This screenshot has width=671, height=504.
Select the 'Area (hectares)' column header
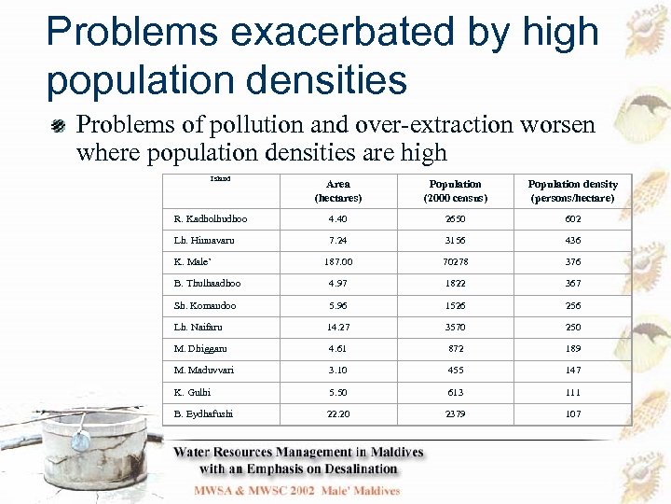tap(338, 190)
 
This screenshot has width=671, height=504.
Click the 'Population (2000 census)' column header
tap(456, 190)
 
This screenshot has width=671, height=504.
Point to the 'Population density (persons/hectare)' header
tap(572, 190)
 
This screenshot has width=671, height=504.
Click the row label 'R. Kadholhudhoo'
tap(211, 219)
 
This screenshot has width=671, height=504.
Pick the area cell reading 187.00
tap(338, 262)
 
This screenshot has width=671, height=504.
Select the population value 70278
tap(456, 262)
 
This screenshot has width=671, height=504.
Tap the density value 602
tap(572, 219)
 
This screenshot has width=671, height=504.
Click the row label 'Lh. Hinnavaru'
tap(204, 241)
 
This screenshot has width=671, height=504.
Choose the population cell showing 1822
tap(456, 284)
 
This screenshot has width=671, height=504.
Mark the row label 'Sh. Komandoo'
tap(205, 305)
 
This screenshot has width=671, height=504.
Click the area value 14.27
tap(338, 328)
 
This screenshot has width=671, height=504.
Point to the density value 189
tap(572, 349)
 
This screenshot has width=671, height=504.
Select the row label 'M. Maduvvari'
tap(204, 371)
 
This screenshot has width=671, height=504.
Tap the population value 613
tap(456, 392)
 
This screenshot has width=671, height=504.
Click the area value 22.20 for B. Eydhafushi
tap(338, 413)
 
